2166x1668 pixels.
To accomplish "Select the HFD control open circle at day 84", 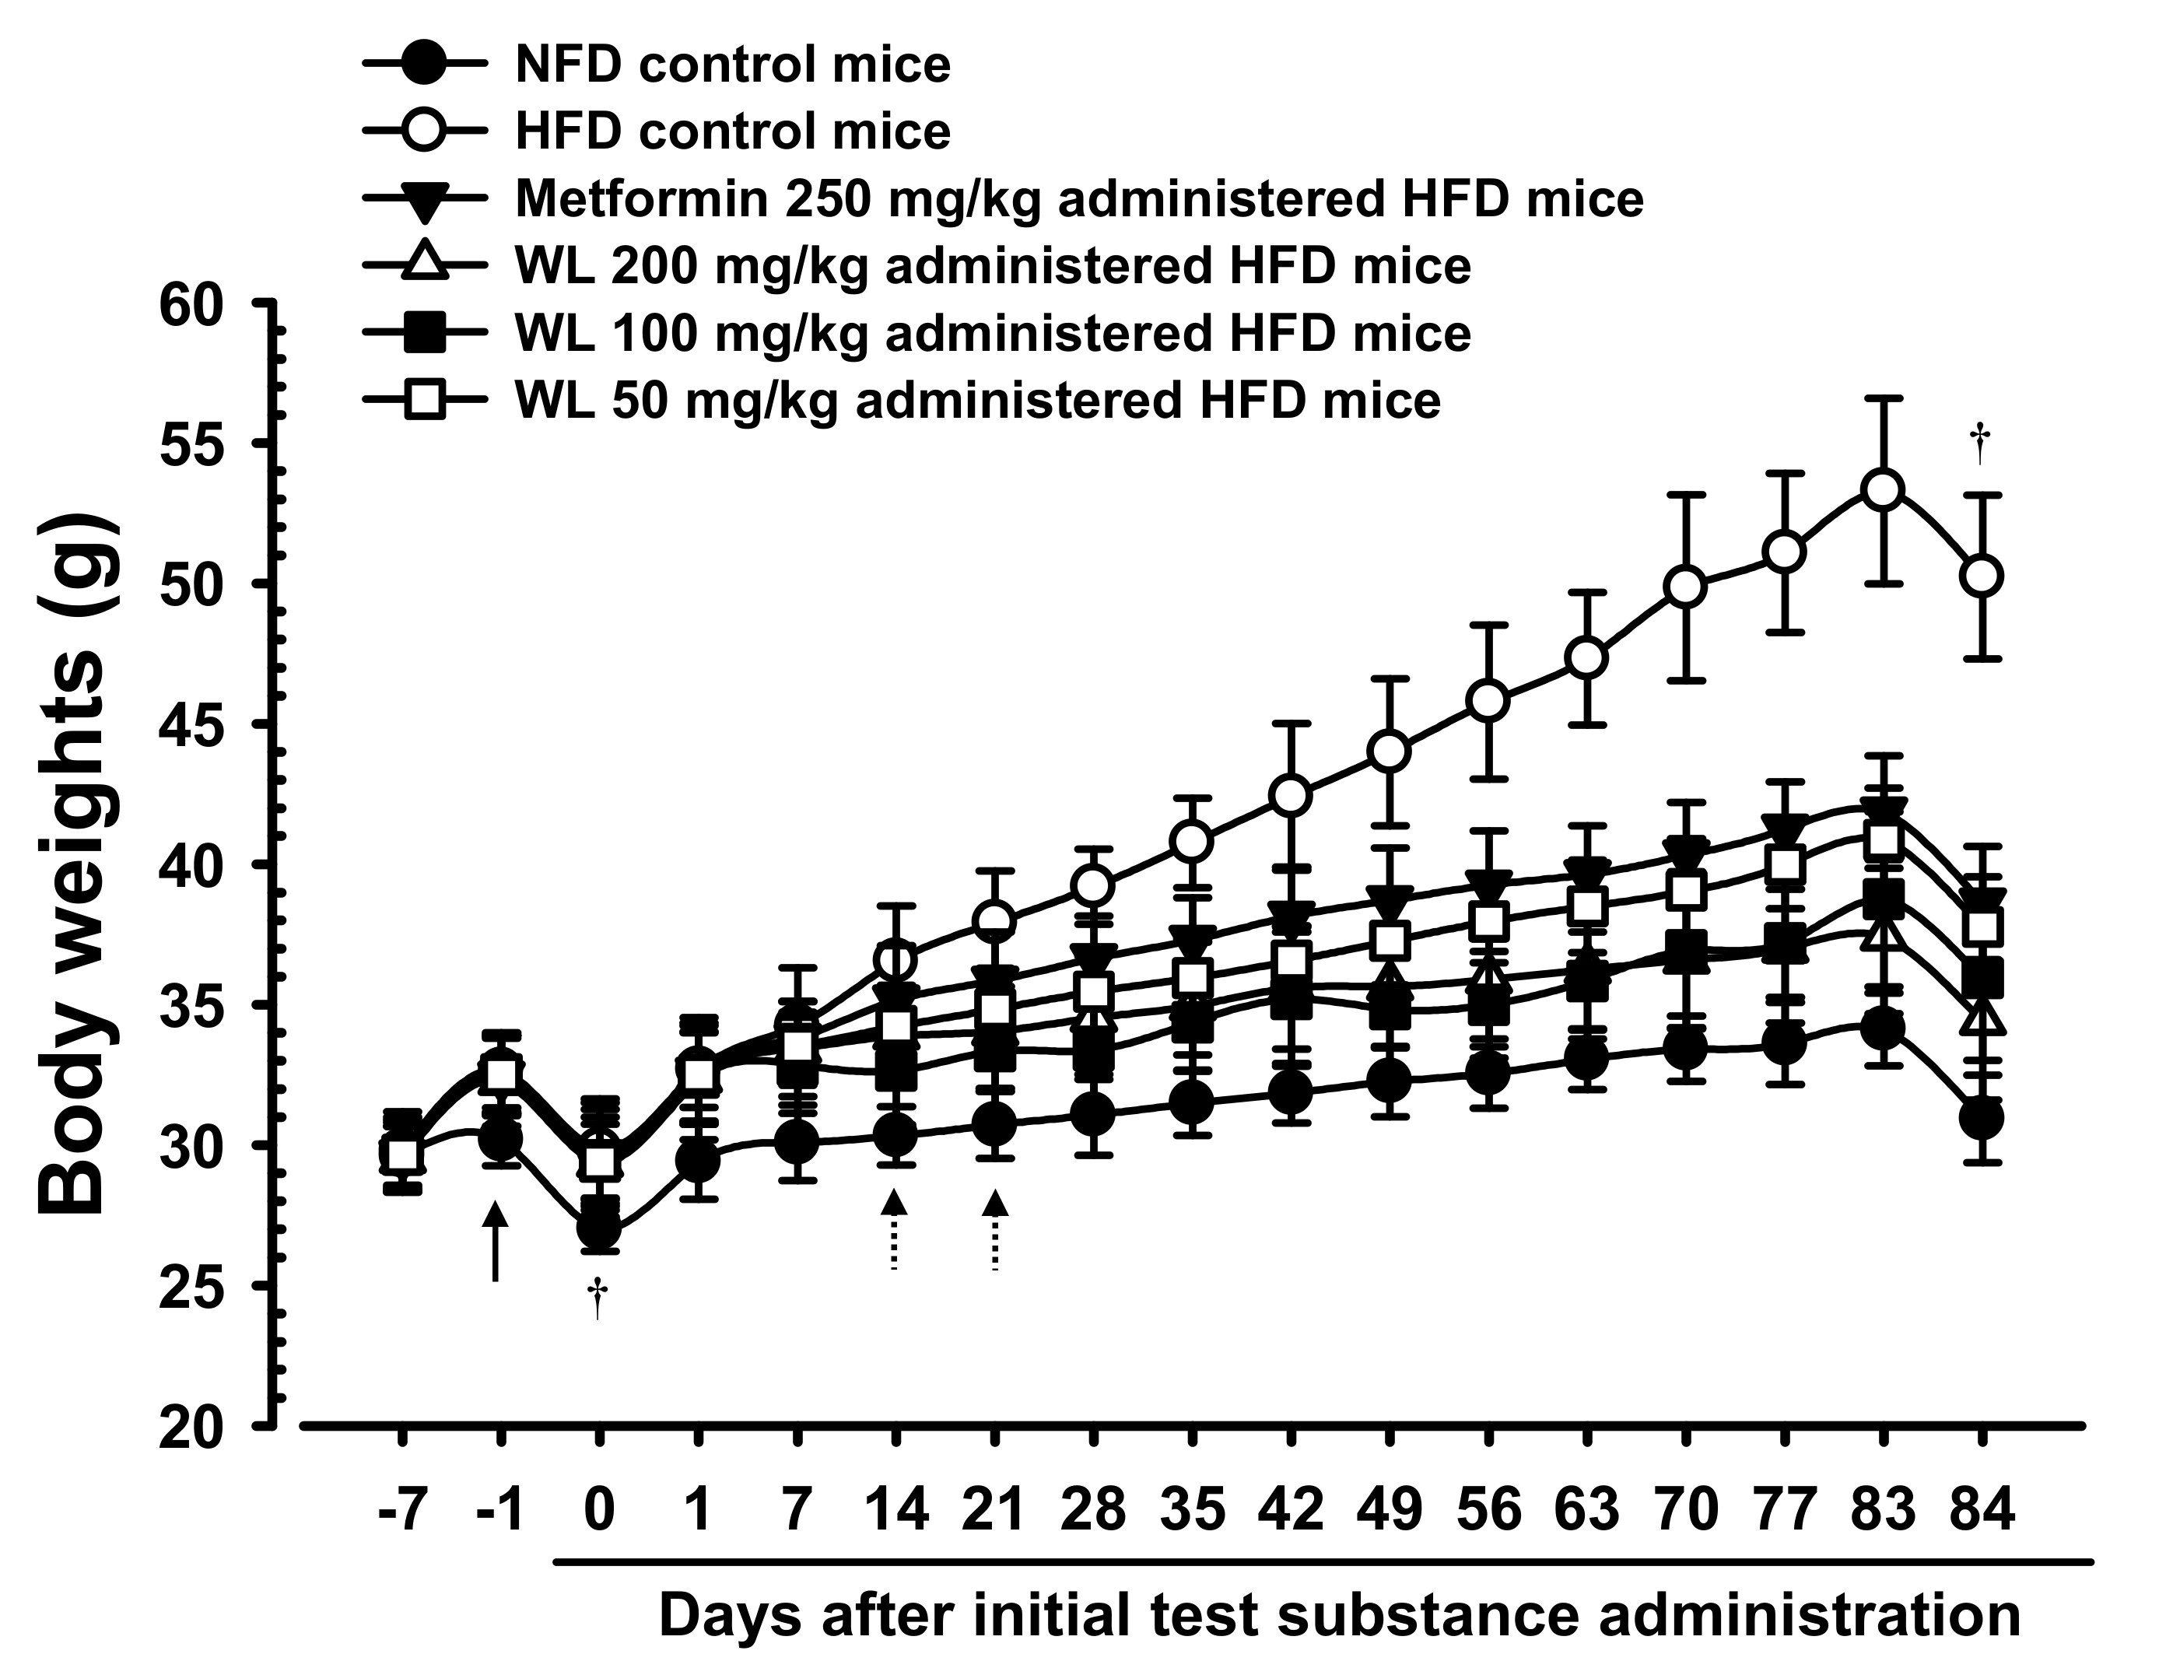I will [1982, 576].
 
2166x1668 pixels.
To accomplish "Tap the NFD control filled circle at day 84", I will [1982, 1119].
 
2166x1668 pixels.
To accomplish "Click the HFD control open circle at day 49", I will [1390, 752].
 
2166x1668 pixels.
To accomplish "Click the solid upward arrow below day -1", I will [495, 1242].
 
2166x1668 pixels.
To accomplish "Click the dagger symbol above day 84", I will [1981, 443].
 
